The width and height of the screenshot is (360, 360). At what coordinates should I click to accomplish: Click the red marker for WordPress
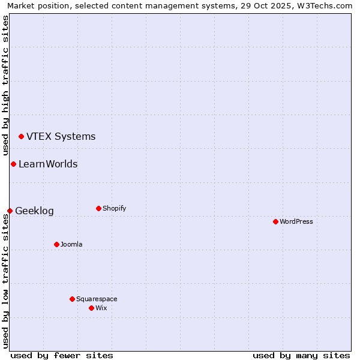(x=275, y=221)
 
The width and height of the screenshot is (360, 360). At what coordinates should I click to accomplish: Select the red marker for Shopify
(x=98, y=208)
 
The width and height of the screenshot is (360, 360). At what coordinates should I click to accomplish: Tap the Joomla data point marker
(x=56, y=244)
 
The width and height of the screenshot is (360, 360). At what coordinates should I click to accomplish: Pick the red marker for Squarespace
(x=72, y=299)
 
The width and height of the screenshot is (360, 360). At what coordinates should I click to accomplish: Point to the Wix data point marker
(x=91, y=308)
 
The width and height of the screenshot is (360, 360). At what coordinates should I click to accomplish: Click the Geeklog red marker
(x=10, y=211)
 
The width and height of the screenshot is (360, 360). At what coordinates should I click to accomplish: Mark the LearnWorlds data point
(x=13, y=164)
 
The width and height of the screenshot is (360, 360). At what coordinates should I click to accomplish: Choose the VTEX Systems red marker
(x=21, y=136)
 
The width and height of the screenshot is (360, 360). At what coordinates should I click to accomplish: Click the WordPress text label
(x=296, y=221)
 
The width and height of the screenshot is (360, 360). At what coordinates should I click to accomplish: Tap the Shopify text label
(x=114, y=208)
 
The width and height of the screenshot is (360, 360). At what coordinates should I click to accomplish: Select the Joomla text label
(x=71, y=244)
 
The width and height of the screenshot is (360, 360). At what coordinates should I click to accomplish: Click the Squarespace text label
(x=97, y=299)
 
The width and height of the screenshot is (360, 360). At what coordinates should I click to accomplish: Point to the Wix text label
(x=101, y=308)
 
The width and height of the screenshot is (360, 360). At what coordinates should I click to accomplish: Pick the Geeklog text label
(x=34, y=211)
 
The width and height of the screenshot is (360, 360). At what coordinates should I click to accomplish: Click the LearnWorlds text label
(x=48, y=164)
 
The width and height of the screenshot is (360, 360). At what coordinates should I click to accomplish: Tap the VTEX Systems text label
(x=61, y=136)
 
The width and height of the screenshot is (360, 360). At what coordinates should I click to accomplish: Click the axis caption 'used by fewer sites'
(x=62, y=355)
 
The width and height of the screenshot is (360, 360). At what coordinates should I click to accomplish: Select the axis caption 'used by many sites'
(x=301, y=355)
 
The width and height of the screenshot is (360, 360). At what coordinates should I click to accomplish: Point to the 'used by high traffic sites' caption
(x=5, y=86)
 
